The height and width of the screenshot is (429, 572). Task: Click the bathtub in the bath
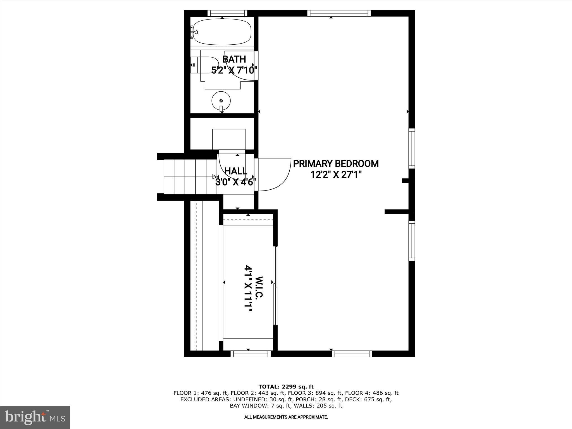click(x=222, y=32)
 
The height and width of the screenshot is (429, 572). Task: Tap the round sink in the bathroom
click(x=221, y=101)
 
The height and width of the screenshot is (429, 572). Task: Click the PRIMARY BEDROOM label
click(x=336, y=164)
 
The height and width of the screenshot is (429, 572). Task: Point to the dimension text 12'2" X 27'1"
click(x=336, y=175)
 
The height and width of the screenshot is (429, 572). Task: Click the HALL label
click(x=236, y=171)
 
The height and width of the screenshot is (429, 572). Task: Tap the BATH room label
click(x=234, y=59)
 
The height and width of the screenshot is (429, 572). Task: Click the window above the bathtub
click(x=227, y=13)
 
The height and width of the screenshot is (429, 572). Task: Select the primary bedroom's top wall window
click(x=339, y=13)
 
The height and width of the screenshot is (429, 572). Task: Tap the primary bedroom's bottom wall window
click(x=352, y=354)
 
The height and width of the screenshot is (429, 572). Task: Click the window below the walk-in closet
click(x=251, y=354)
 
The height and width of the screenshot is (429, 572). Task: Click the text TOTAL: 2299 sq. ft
click(x=286, y=387)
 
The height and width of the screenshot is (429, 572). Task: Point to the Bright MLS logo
click(x=35, y=417)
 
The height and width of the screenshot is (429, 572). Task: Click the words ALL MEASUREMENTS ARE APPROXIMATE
click(x=286, y=417)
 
